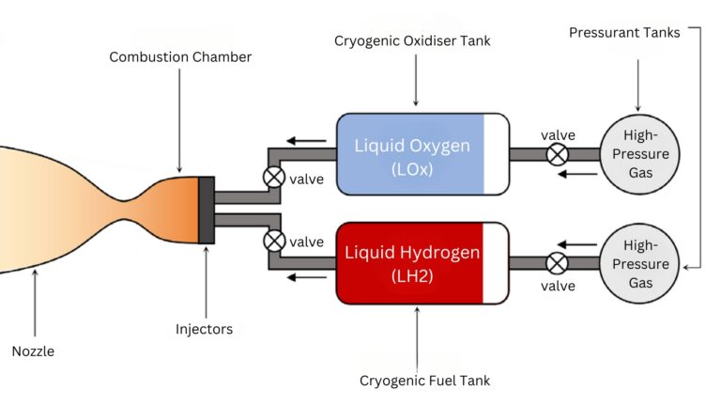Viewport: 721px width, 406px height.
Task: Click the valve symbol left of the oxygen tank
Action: (x=274, y=176)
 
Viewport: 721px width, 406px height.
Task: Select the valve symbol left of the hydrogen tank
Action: (x=274, y=241)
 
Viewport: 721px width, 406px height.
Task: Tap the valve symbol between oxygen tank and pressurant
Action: (x=558, y=154)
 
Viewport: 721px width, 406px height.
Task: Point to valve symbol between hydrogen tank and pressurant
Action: (x=558, y=263)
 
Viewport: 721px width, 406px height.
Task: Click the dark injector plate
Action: (x=206, y=210)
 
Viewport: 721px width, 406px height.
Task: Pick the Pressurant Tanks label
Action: (x=625, y=33)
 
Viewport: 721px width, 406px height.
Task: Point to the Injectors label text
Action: (x=204, y=329)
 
